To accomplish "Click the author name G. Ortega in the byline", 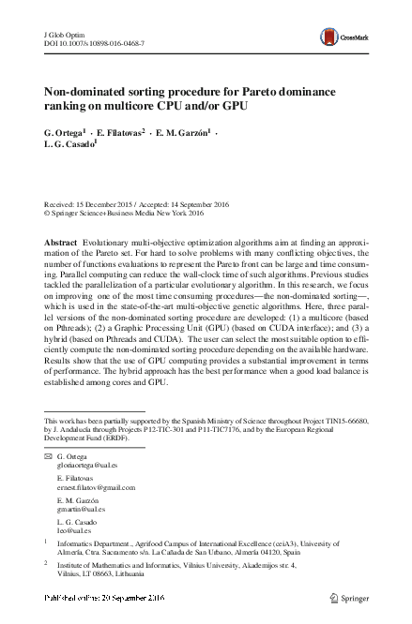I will pyautogui.click(x=65, y=134).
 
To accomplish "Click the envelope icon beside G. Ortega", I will pyautogui.click(x=49, y=456).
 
